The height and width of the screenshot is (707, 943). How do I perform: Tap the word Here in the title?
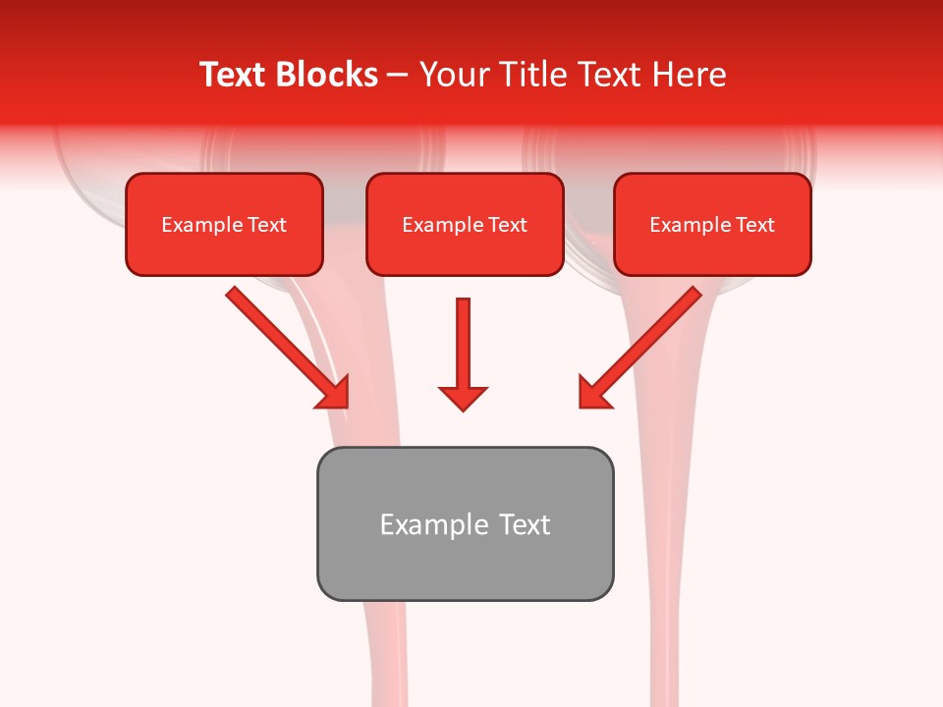(x=687, y=75)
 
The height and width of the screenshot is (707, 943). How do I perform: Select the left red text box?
(x=224, y=225)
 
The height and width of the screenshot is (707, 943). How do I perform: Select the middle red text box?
(x=465, y=225)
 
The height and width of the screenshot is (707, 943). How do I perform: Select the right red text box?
(x=712, y=225)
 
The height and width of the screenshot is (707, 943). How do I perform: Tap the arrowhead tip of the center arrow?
(x=463, y=408)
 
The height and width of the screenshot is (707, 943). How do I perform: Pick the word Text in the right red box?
(x=754, y=225)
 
